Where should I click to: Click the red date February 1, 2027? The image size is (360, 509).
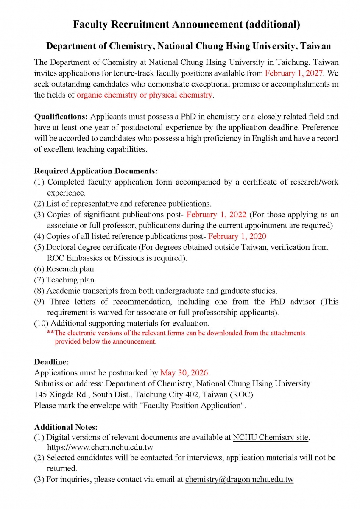point(293,73)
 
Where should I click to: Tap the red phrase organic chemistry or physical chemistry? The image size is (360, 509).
point(145,95)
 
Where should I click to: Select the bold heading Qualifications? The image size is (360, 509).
point(61,116)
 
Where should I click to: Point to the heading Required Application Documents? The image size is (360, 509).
point(96,171)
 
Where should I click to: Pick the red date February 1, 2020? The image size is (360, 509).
point(237,236)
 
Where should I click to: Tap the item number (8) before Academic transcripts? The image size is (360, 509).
point(39,291)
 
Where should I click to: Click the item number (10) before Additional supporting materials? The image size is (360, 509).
point(41,324)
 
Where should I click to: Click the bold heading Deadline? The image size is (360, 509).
point(51,362)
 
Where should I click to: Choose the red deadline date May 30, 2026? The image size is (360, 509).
point(184,373)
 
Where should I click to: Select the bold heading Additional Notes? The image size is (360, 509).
point(66,427)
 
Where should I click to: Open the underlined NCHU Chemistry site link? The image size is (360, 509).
point(270,437)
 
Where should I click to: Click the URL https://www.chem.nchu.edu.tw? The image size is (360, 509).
point(100,447)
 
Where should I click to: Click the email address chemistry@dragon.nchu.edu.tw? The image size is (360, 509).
point(239,480)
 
